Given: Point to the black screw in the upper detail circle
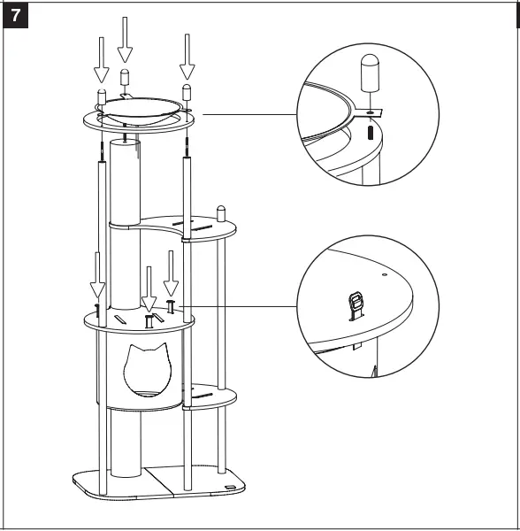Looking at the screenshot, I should click(367, 135).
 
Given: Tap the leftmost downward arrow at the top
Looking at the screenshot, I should click(102, 58).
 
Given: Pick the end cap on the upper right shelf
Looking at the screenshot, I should click(221, 213).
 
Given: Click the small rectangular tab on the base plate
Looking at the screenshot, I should click(230, 488).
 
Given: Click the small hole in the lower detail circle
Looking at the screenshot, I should click(384, 275).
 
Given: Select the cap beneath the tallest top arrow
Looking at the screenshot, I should click(125, 77).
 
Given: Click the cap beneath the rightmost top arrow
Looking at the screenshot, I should click(187, 92).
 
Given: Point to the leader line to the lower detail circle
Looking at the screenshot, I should click(239, 306).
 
